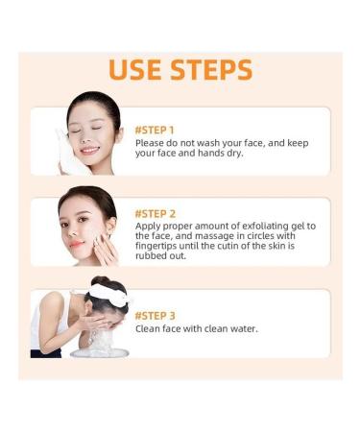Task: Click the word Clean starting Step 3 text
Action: [150, 328]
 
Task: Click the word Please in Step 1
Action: [151, 142]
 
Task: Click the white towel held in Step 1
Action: [69, 155]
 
